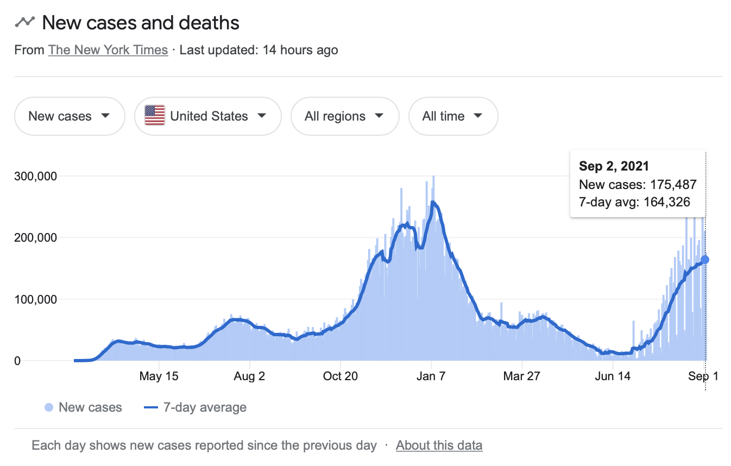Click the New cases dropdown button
(x=70, y=116)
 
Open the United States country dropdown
(x=208, y=116)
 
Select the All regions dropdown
(x=345, y=116)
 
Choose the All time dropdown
(x=453, y=116)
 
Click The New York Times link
(x=108, y=50)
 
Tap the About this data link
(x=439, y=445)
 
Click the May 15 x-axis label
(x=159, y=376)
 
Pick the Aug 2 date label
(x=249, y=376)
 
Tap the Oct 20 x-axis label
(x=340, y=376)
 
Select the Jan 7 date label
(x=431, y=376)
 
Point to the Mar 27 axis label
(x=521, y=376)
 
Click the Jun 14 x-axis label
(x=612, y=376)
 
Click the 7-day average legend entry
(x=196, y=407)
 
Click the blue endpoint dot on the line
(x=705, y=260)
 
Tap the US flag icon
(x=155, y=116)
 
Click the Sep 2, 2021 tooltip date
(x=614, y=166)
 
